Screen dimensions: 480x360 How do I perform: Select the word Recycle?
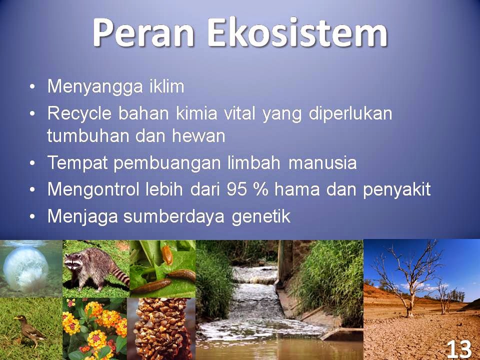coord(79,114)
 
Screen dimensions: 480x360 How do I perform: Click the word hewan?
coord(198,135)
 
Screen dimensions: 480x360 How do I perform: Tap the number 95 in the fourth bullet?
coord(236,189)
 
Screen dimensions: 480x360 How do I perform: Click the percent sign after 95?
coord(260,189)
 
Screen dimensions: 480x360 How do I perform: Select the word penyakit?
coord(396,190)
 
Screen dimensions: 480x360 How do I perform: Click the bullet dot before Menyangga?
coord(32,86)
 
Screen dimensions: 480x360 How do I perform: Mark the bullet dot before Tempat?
coord(32,163)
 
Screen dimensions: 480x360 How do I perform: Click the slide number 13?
coord(459,348)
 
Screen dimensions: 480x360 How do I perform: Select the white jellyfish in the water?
coord(25,268)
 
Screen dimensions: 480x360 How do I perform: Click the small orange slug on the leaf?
coord(167,254)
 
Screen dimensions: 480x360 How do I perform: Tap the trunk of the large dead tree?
coord(410,300)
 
